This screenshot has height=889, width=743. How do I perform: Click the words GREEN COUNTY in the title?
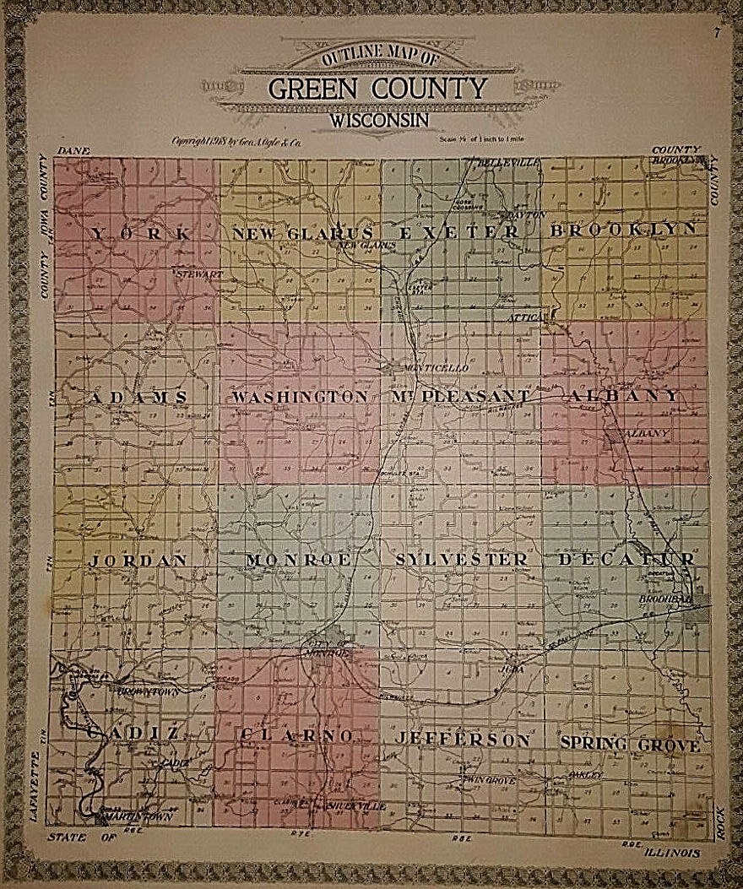377,88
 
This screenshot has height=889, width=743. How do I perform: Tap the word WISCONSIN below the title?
380,120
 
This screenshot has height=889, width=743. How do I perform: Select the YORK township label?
141,233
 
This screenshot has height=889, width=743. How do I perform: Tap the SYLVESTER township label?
461,559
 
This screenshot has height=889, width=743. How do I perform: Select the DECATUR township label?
626,559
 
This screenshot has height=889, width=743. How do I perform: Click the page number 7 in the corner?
716,34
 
